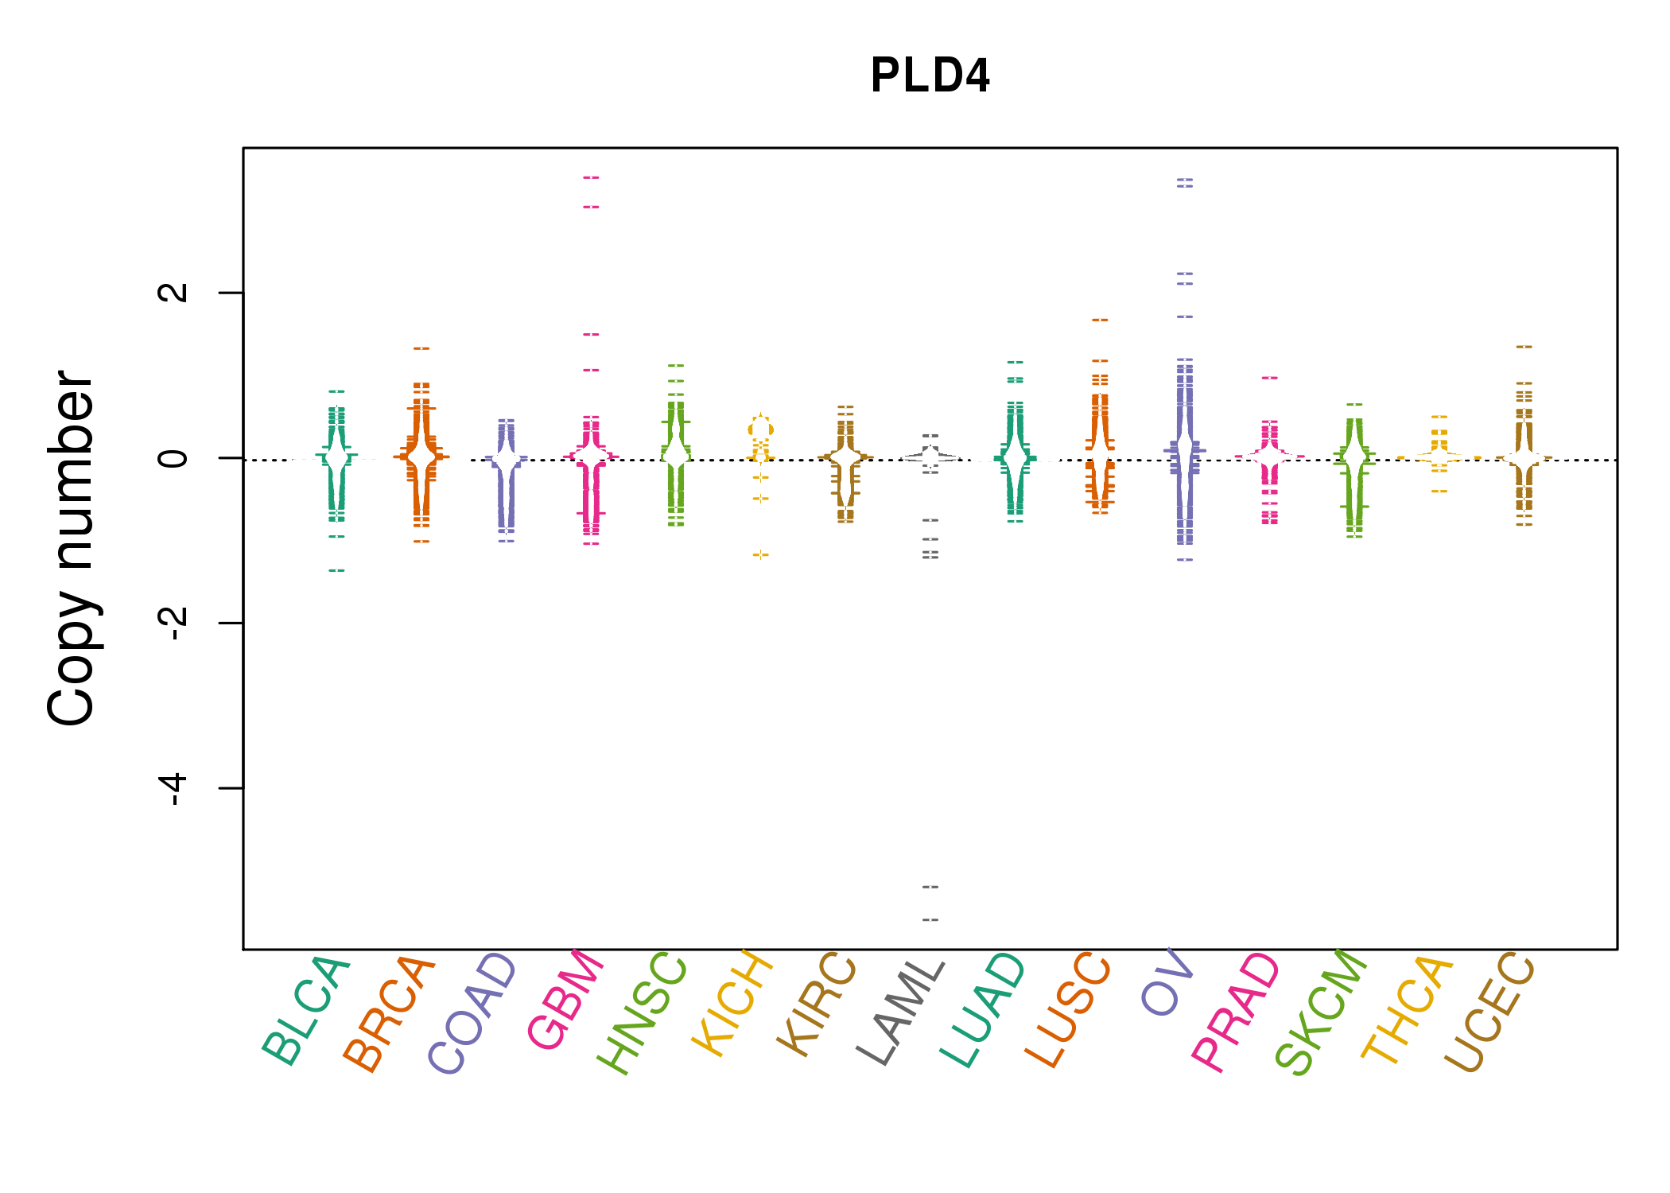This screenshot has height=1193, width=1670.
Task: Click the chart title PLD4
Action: (930, 76)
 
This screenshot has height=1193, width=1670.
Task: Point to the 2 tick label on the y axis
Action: (173, 292)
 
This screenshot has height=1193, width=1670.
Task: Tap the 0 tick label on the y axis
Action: (173, 458)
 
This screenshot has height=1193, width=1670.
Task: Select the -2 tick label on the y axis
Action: (173, 622)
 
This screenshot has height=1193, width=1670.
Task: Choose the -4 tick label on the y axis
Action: (173, 787)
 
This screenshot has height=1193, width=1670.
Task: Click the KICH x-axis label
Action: (732, 1003)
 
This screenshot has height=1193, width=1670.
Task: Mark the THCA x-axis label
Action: (1407, 1010)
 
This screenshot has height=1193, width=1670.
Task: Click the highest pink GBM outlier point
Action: (591, 177)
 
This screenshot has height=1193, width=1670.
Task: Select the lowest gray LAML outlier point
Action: (930, 919)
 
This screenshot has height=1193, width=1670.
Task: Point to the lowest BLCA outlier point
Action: (337, 570)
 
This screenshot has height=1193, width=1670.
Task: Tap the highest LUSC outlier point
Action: (1100, 320)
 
